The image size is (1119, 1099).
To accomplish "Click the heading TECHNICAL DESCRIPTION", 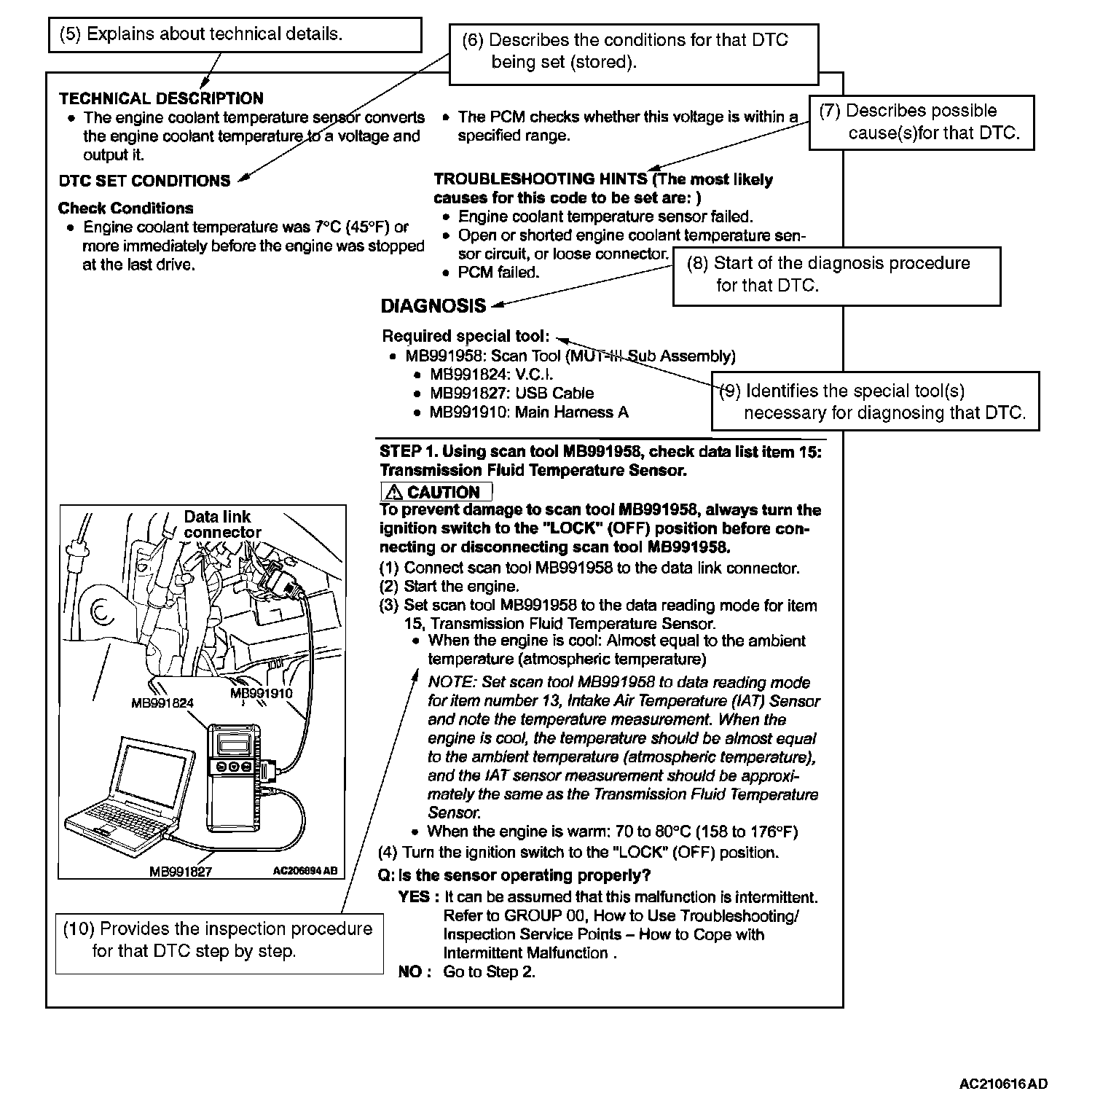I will click(x=161, y=98).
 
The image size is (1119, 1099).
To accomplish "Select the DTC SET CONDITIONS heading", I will click(x=144, y=181).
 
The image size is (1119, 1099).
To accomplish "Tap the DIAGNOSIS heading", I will click(x=433, y=306).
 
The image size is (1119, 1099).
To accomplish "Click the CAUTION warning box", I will click(x=436, y=492).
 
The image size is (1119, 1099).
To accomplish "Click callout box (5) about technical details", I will click(x=235, y=35).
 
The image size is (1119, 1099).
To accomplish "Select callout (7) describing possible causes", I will click(x=921, y=122).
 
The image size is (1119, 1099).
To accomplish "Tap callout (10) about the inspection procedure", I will click(x=219, y=940).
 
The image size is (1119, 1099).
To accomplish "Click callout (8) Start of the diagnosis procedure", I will click(x=836, y=275).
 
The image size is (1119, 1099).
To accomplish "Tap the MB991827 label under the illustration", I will click(x=180, y=871).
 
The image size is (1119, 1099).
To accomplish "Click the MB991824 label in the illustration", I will click(x=162, y=703).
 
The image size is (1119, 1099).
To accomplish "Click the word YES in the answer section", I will click(x=414, y=897).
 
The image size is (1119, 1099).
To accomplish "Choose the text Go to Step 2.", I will click(x=489, y=972).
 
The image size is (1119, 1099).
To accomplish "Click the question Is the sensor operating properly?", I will click(x=514, y=875).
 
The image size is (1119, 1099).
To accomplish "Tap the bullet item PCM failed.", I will click(x=498, y=273).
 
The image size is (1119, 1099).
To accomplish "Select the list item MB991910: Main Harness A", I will click(x=528, y=412).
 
